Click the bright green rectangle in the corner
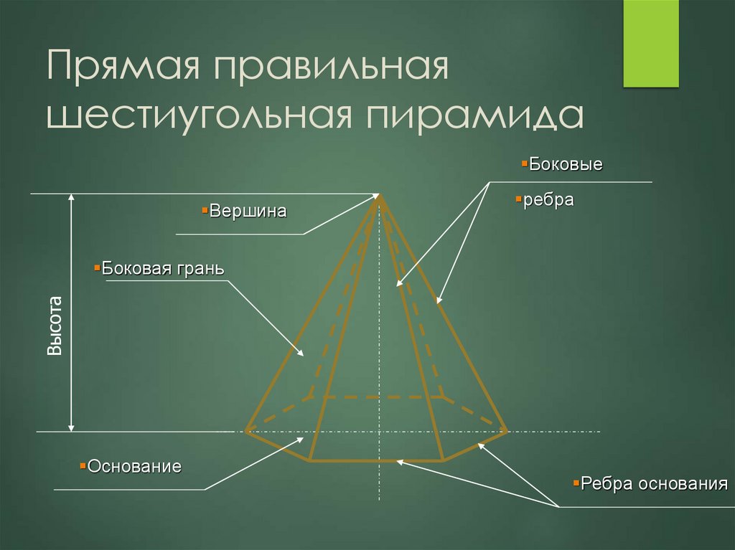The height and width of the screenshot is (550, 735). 650,43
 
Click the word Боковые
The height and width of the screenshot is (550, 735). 566,164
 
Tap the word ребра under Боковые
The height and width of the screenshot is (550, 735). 548,200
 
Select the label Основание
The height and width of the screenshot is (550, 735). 134,466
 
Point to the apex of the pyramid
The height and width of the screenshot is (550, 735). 379,195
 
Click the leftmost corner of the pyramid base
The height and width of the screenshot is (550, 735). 246,431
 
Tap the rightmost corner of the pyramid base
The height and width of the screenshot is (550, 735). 507,431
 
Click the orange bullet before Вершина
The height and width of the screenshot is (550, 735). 205,210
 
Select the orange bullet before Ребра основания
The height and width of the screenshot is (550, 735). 576,483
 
